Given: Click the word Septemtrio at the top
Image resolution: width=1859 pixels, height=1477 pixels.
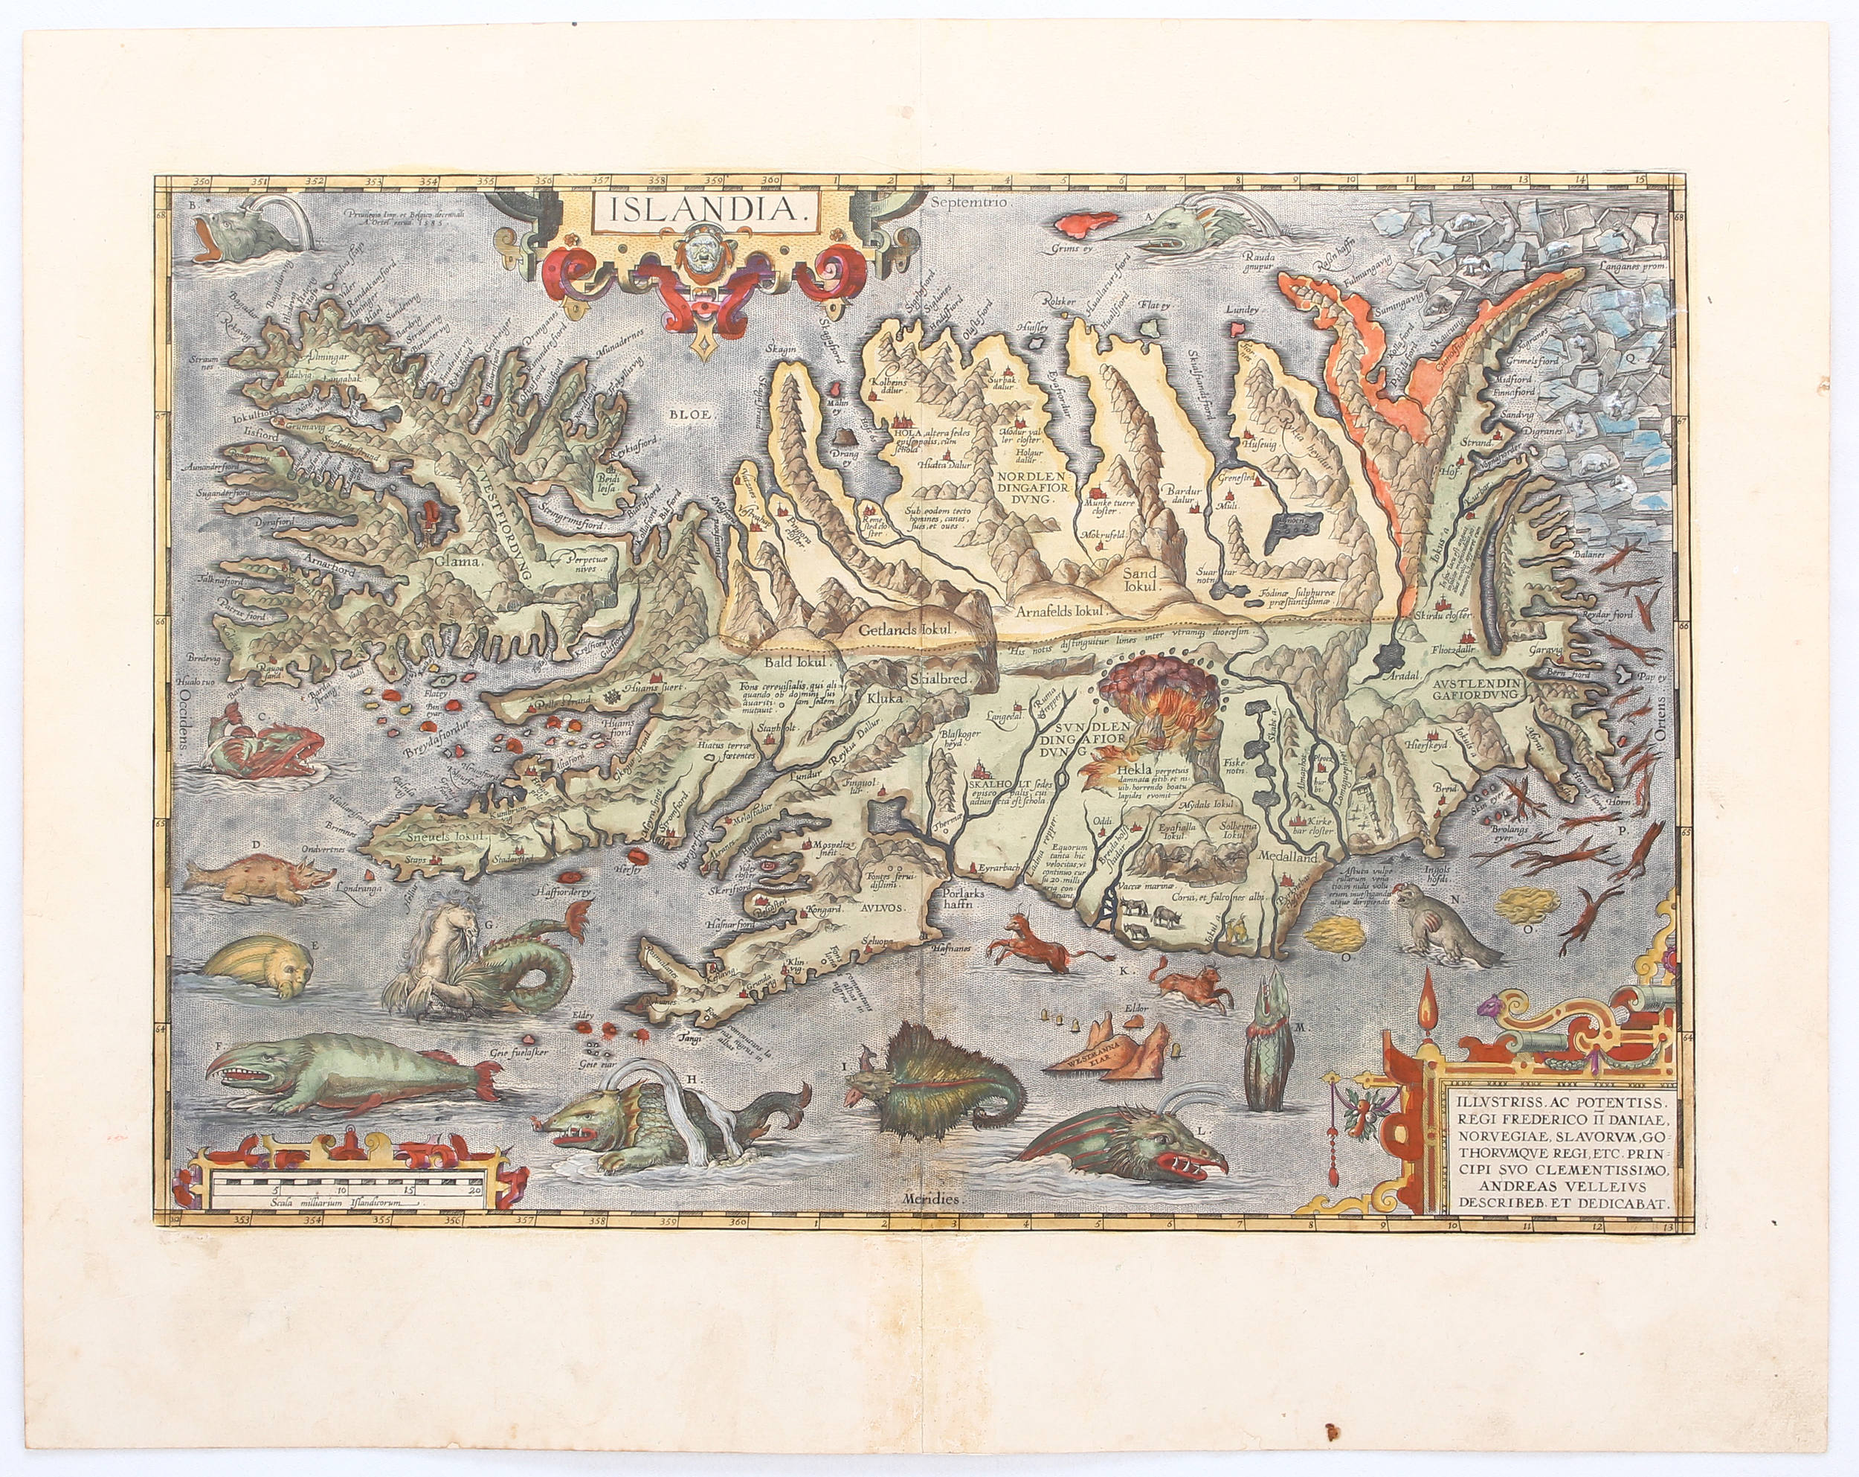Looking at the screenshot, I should coord(963,205).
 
